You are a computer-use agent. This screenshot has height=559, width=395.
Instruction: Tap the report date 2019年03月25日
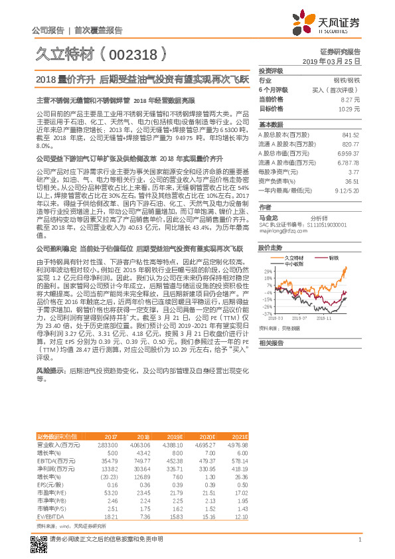coord(335,60)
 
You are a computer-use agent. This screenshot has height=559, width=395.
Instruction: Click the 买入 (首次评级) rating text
coord(339,89)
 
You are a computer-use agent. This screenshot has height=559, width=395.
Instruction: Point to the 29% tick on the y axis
coord(268,271)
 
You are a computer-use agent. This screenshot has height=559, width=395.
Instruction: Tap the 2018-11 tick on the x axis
coord(333,318)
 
